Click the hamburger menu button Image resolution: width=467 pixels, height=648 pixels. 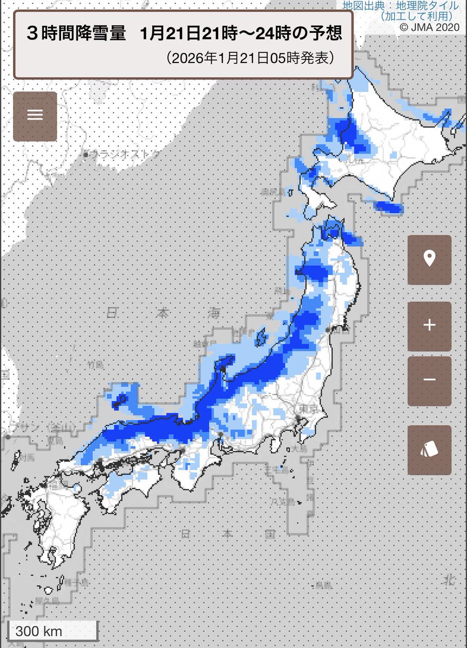[x=35, y=116]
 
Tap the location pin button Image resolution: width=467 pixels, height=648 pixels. [x=429, y=260]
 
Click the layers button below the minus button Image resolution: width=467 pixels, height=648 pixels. [x=429, y=450]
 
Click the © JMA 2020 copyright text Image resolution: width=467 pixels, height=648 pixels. [x=429, y=26]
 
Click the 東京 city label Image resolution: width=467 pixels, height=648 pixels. [x=306, y=409]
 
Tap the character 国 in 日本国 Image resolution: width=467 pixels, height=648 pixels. [x=270, y=534]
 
